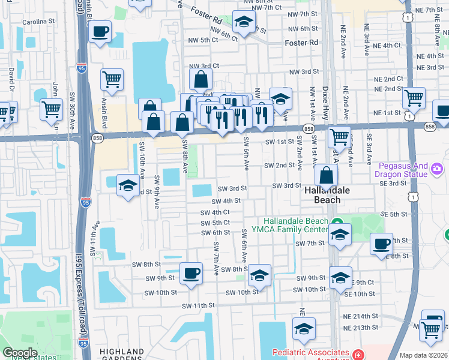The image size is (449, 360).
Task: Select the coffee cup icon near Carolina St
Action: click(101, 31)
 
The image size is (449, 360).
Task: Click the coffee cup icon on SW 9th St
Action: click(191, 274)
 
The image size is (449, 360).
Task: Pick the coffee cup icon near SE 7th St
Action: click(381, 244)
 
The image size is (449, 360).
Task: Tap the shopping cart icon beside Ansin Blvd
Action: click(112, 79)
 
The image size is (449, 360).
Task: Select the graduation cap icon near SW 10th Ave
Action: click(128, 186)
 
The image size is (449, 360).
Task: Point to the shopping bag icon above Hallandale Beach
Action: click(326, 176)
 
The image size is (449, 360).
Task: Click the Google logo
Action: click(20, 353)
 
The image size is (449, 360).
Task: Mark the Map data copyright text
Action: click(424, 355)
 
